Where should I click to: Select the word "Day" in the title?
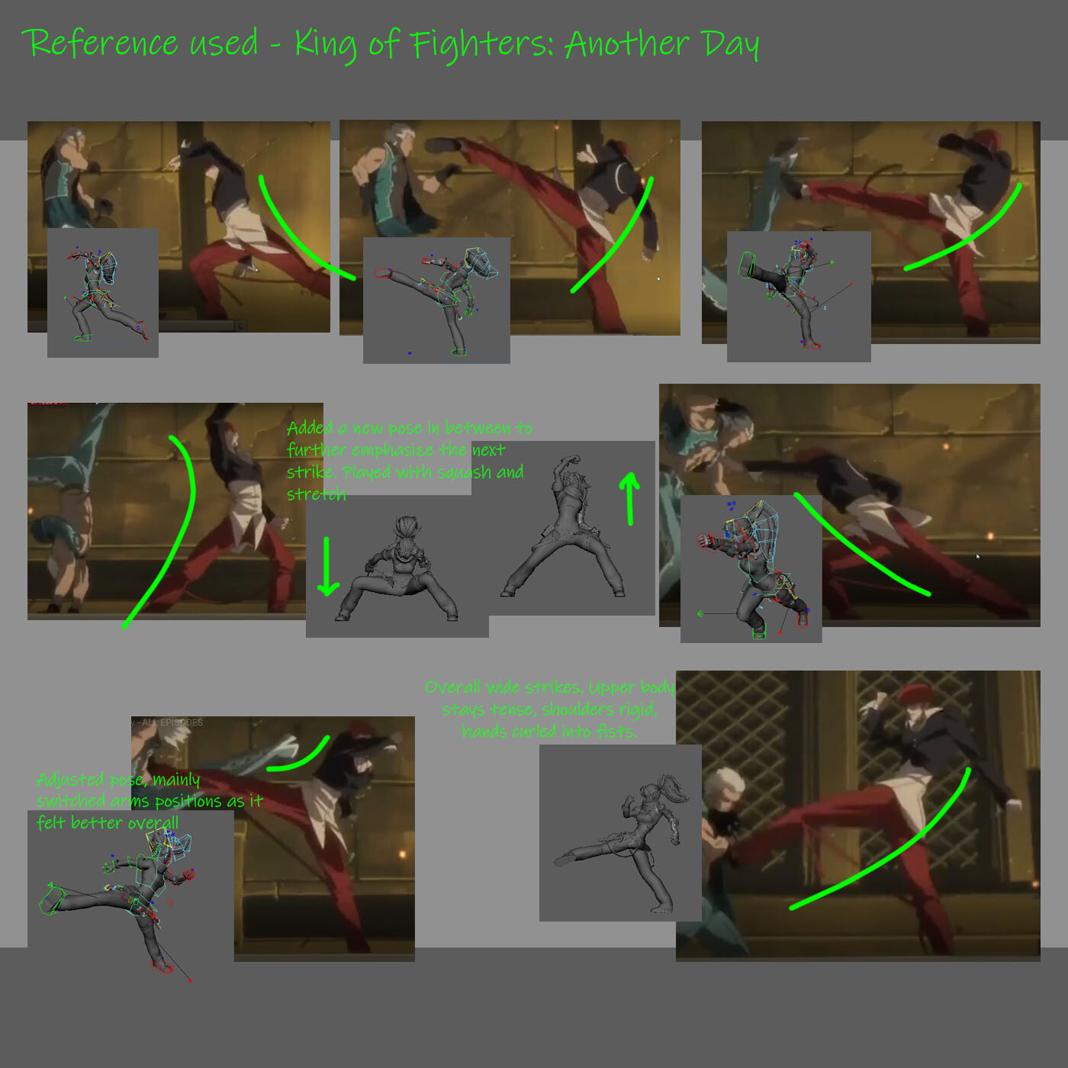pos(731,44)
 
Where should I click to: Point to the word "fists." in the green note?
pos(613,732)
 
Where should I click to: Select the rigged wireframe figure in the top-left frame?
pos(105,294)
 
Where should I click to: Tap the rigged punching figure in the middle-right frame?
pos(755,568)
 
